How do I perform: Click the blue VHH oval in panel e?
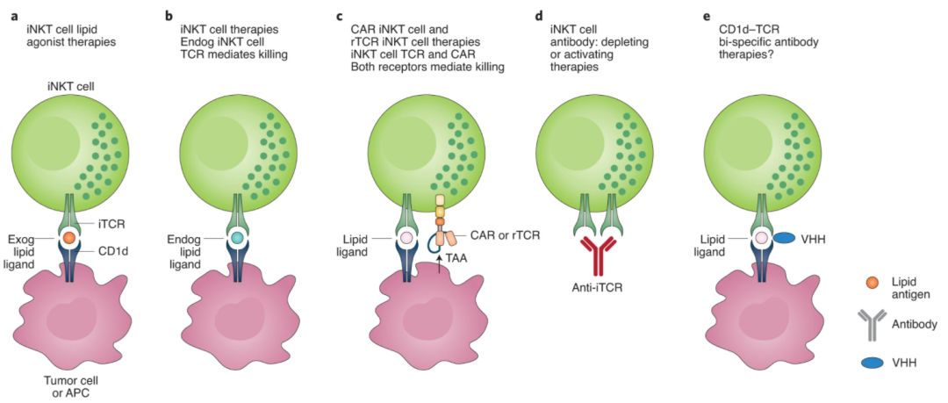(784, 238)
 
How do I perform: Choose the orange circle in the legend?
(872, 282)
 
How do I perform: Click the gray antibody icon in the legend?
(872, 324)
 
